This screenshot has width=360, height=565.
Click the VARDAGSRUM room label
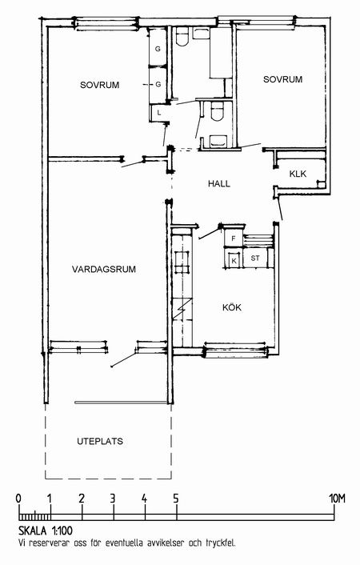(x=104, y=269)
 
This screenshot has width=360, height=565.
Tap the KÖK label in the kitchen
(x=232, y=307)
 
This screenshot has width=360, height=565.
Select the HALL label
(x=218, y=184)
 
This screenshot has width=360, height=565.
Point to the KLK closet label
(x=298, y=174)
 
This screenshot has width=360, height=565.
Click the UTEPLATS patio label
(x=100, y=441)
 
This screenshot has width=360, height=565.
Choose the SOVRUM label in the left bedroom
(x=99, y=85)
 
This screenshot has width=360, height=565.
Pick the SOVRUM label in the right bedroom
(x=282, y=79)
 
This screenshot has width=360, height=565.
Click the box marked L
(x=158, y=113)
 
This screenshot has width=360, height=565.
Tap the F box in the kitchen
(x=233, y=238)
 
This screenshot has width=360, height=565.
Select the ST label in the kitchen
(x=255, y=258)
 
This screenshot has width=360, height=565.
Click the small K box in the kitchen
(x=234, y=261)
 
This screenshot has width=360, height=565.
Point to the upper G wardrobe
(x=158, y=47)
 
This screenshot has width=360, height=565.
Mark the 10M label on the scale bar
(x=337, y=499)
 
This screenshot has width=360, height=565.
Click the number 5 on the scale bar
(x=176, y=499)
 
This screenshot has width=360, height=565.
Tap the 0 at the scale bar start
(x=18, y=499)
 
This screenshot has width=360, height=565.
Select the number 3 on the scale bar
(x=113, y=499)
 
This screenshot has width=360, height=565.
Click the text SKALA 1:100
(x=46, y=531)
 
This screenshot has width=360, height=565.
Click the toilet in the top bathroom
(x=182, y=36)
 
